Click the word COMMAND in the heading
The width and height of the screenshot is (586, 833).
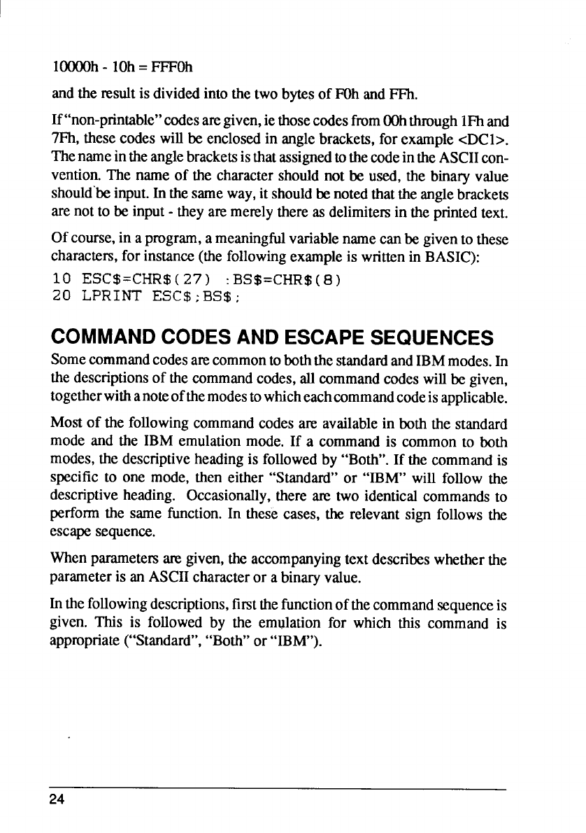[101, 338]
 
